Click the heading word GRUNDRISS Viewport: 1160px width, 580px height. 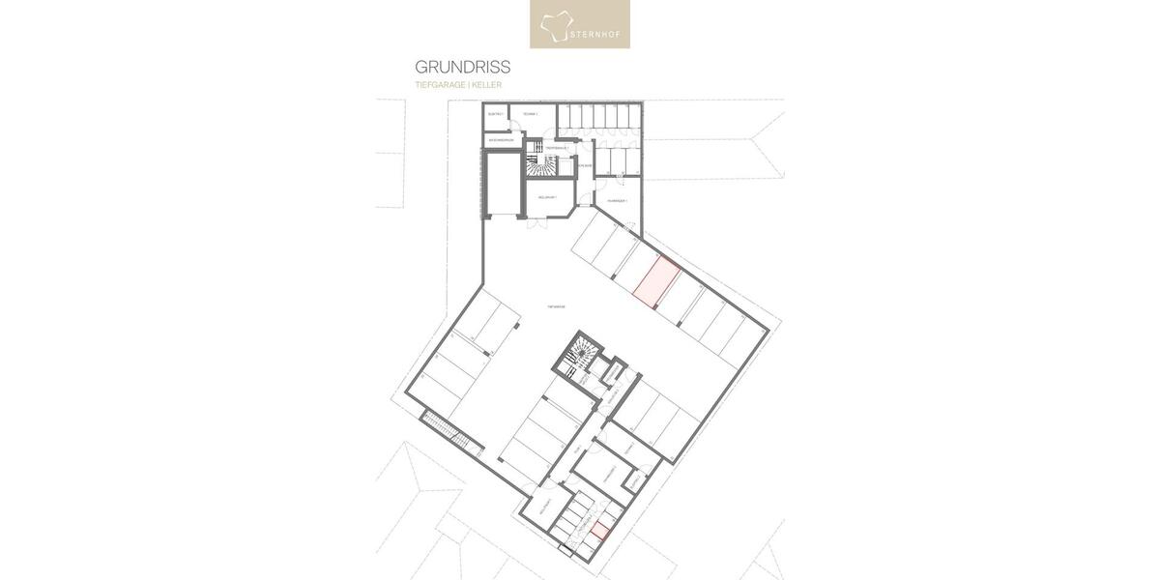[462, 68]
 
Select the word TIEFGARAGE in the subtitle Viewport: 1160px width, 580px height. [439, 85]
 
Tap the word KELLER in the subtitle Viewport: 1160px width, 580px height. [486, 85]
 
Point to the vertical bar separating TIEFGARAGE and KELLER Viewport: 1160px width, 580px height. [468, 85]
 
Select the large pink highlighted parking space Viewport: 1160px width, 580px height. [654, 281]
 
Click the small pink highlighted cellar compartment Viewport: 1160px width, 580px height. [601, 529]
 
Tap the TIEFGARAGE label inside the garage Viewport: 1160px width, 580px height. [555, 305]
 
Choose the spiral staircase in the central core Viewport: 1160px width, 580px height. [578, 356]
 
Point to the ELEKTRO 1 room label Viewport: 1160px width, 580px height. [496, 115]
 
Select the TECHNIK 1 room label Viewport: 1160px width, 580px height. [530, 114]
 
